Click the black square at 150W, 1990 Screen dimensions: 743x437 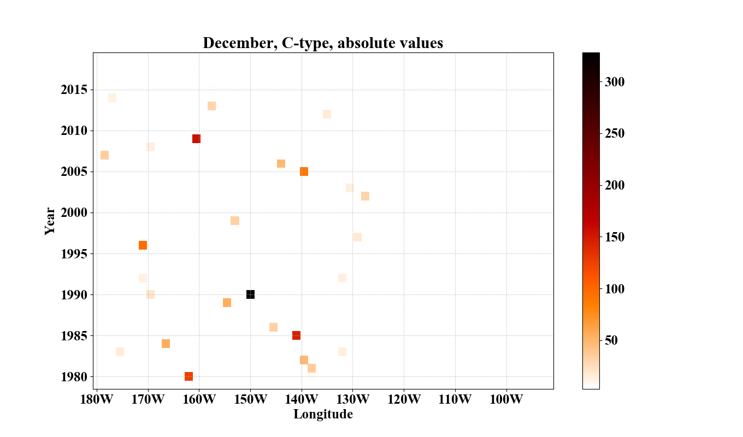250,294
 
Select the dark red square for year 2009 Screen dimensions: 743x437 196,139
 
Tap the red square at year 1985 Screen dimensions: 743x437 296,335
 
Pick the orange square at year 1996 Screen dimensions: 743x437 143,245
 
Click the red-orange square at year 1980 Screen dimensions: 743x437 188,376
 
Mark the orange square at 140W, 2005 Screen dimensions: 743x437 304,172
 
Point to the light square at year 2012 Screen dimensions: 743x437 327,114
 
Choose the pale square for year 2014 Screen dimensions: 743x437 112,98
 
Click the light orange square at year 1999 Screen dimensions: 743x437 235,221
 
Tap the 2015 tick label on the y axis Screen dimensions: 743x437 74,90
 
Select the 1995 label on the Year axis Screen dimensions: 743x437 74,254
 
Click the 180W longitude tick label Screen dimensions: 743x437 97,399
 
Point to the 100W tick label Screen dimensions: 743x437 506,399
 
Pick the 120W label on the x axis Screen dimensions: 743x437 404,399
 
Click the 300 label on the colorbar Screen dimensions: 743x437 615,82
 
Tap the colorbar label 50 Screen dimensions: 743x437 611,340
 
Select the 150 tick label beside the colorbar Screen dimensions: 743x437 615,237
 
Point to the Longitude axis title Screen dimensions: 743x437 323,415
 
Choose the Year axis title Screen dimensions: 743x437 50,221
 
